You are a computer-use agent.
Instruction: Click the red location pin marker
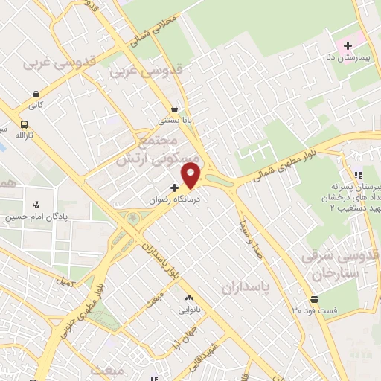tap(192, 176)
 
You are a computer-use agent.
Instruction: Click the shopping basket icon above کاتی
tap(36, 95)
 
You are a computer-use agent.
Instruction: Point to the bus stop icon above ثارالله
tap(25, 124)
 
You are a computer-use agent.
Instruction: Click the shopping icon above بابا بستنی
tap(174, 109)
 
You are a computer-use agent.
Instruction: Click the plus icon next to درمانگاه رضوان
tap(174, 188)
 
